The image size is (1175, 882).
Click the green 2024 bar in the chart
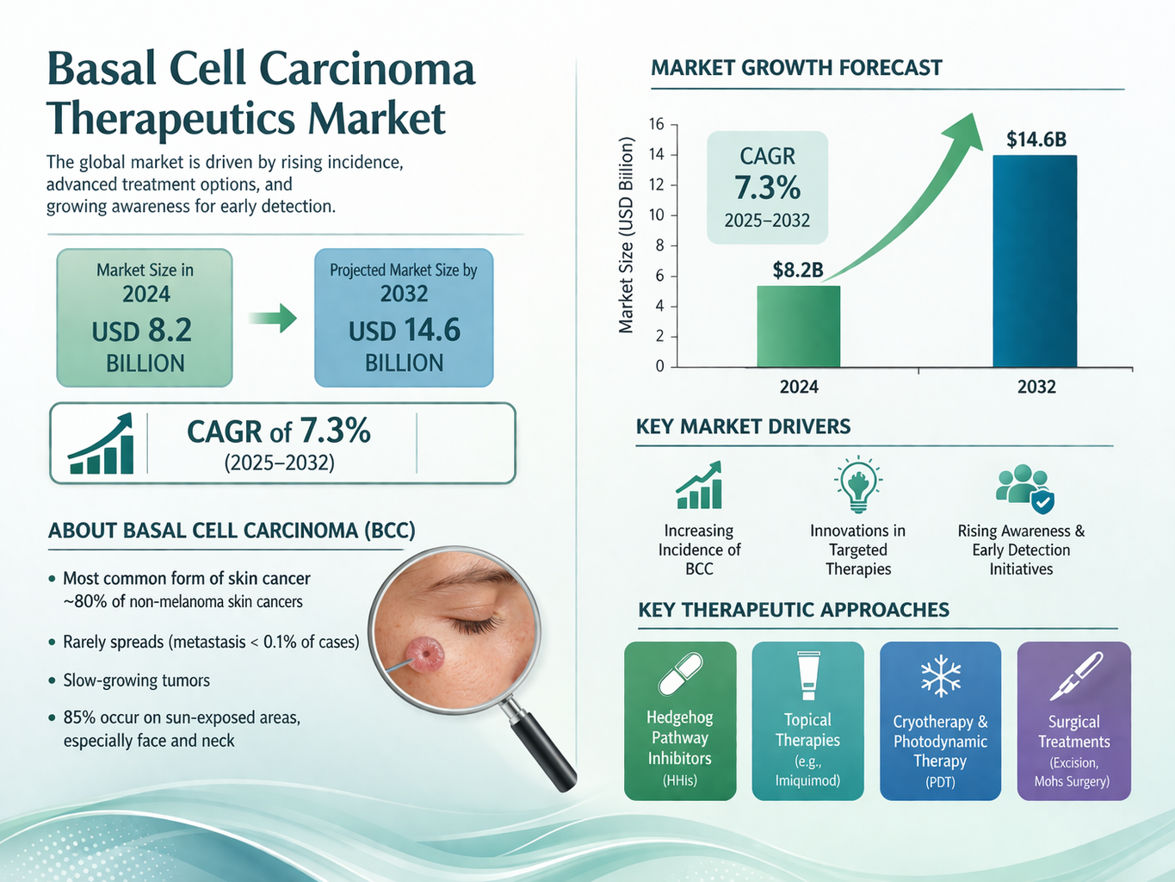tap(798, 326)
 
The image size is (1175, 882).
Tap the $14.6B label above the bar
tap(1036, 140)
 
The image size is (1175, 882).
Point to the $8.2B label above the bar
tap(798, 270)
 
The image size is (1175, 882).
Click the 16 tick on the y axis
tap(657, 125)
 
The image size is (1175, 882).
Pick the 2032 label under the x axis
tap(1036, 387)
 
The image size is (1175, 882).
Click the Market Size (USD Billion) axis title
tap(627, 235)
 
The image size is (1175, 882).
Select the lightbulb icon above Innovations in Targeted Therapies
tap(857, 484)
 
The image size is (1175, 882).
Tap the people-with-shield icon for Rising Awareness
tap(1023, 488)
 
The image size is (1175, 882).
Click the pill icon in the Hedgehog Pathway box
tap(680, 674)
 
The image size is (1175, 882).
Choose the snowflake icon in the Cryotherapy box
tap(940, 676)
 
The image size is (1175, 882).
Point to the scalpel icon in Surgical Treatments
tap(1075, 676)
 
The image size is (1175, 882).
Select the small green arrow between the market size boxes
tap(273, 319)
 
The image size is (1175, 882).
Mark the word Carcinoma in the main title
tap(366, 69)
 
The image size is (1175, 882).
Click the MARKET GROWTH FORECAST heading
tap(796, 68)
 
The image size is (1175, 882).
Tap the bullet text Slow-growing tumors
tap(136, 680)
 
